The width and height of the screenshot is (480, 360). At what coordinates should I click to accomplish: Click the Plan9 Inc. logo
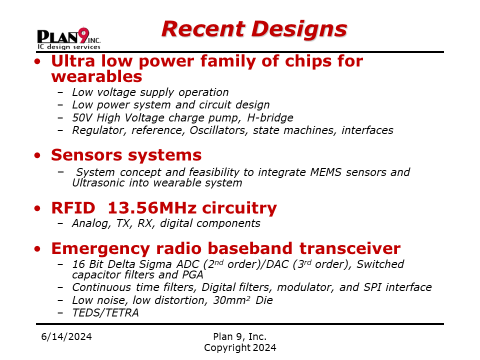click(69, 38)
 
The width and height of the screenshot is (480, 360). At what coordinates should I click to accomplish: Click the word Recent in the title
click(203, 29)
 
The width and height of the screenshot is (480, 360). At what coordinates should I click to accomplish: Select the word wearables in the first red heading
click(96, 76)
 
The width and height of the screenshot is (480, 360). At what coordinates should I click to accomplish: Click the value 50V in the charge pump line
click(81, 117)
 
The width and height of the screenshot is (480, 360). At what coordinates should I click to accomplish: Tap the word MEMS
click(325, 172)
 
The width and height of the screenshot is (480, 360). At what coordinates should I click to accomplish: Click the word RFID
click(73, 208)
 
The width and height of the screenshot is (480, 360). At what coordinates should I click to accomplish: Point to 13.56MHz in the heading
click(152, 208)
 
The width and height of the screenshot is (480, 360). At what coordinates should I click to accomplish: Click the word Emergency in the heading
click(100, 249)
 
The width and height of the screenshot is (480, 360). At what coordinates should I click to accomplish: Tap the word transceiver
click(350, 248)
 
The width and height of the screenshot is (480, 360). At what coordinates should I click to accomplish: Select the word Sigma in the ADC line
click(155, 264)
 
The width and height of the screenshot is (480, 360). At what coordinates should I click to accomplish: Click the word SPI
click(372, 287)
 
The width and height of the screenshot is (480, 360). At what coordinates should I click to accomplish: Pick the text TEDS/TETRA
click(105, 313)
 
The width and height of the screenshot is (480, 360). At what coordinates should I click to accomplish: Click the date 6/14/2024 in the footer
click(66, 336)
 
